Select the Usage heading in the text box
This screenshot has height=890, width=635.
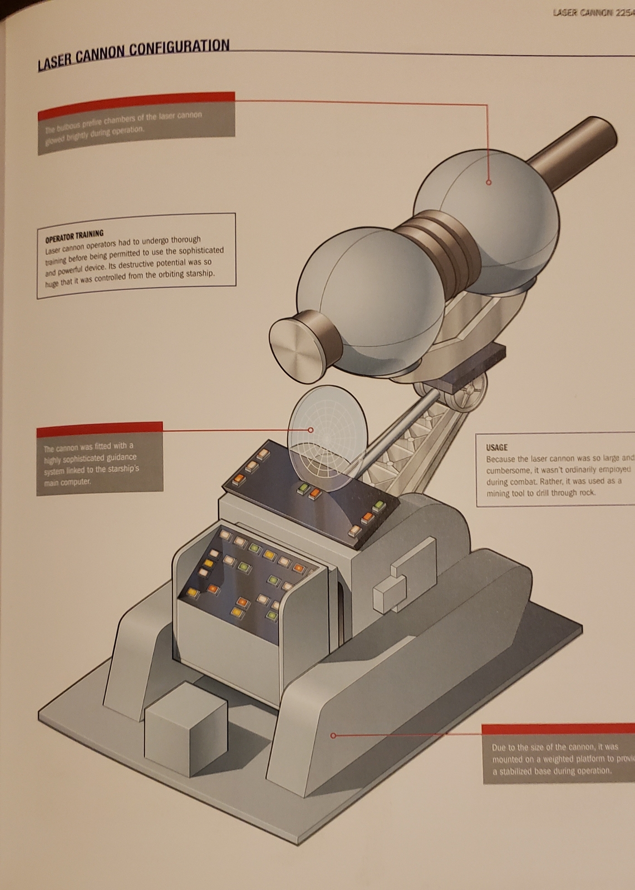coord(496,447)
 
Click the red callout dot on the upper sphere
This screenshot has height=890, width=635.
coord(489,182)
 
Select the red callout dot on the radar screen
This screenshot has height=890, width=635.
coord(311,429)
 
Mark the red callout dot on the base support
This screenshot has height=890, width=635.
coord(333,735)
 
